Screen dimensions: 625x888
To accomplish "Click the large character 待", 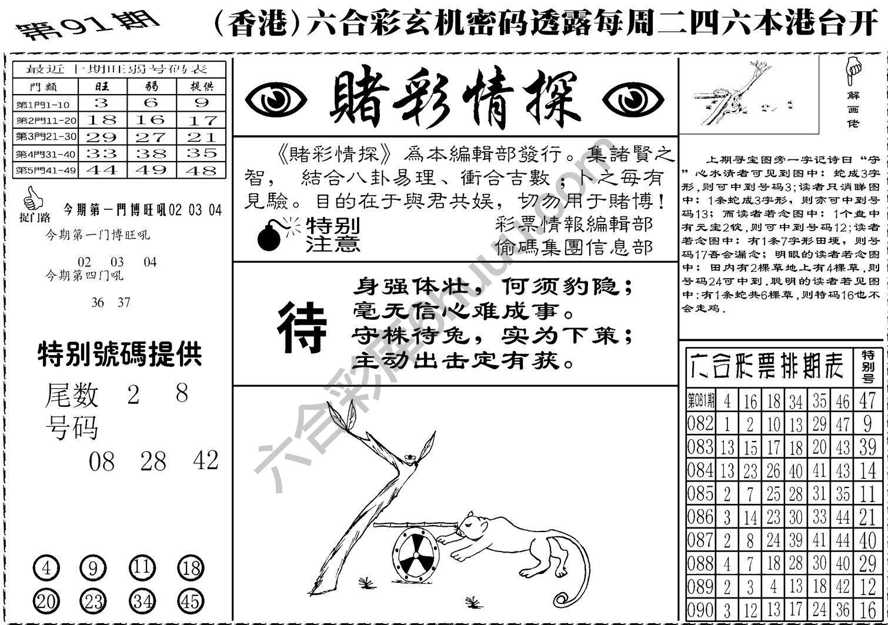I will [x=301, y=327].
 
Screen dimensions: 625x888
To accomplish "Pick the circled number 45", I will [x=190, y=601].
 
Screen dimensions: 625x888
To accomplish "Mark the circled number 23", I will [x=94, y=601].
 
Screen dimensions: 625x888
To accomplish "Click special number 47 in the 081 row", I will [x=867, y=401].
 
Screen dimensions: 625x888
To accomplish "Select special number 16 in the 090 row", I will [x=867, y=610].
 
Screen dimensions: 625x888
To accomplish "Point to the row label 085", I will [x=700, y=493].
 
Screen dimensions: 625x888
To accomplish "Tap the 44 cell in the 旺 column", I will [x=102, y=170].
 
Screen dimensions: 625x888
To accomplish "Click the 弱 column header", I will [x=151, y=86].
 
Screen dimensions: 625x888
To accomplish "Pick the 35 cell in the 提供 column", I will [x=202, y=153].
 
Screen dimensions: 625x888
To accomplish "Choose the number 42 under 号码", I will [x=205, y=460].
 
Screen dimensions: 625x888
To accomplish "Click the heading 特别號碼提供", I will [x=119, y=355].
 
